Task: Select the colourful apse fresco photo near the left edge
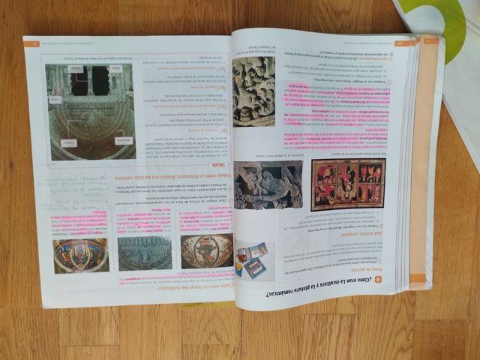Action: (x=79, y=255)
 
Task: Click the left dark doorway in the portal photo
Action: (x=79, y=79)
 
